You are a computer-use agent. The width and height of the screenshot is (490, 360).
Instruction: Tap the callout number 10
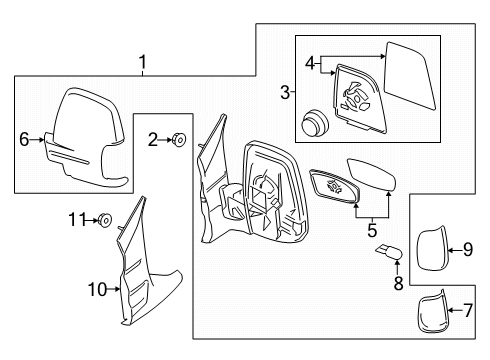tap(95, 290)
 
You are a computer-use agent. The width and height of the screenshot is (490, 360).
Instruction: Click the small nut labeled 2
tap(177, 140)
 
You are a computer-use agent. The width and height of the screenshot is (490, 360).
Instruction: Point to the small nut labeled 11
tap(104, 218)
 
